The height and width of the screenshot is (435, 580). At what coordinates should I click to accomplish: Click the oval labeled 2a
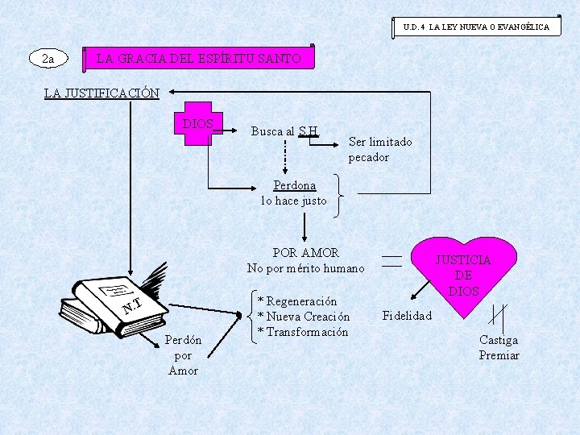tap(48, 58)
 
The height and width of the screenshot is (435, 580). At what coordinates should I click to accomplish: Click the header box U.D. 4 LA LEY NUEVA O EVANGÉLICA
tap(477, 27)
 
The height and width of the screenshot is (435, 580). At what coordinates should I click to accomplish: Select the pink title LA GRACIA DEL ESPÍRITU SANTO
tap(199, 59)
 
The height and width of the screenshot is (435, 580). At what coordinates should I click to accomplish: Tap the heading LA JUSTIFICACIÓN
tap(101, 93)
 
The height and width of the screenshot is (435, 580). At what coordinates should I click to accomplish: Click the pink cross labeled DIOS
tap(198, 124)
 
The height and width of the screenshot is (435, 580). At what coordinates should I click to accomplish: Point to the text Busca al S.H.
tap(285, 131)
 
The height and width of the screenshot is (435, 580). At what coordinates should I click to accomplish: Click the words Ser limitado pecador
tap(379, 149)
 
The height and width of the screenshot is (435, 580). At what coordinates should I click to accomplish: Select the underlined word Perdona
tap(294, 185)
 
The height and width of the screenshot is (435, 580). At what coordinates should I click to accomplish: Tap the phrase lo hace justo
tap(294, 201)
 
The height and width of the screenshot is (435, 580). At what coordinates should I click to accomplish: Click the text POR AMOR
tap(305, 252)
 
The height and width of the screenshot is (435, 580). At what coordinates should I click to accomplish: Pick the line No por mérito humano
tap(305, 268)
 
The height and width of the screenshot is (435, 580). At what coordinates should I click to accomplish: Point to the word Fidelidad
tap(407, 315)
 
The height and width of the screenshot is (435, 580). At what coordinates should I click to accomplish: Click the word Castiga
tap(499, 340)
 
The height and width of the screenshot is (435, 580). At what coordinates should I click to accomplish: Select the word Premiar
tap(499, 355)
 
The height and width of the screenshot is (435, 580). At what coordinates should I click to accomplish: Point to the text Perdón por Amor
tap(183, 354)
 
